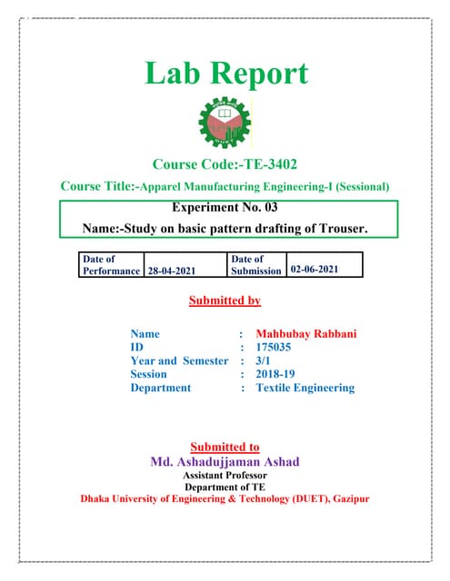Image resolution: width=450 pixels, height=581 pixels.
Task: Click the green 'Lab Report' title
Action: click(x=225, y=74)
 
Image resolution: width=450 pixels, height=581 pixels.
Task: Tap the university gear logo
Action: click(x=225, y=123)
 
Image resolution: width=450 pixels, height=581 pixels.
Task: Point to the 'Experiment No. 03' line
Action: click(x=225, y=208)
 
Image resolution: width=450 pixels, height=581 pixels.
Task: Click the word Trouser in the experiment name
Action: click(x=342, y=230)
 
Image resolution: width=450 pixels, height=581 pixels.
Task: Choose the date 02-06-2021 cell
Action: click(x=325, y=270)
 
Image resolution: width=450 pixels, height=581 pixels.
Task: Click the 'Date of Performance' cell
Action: click(x=111, y=264)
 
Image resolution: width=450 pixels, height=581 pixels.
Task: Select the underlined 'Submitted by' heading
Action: click(x=225, y=300)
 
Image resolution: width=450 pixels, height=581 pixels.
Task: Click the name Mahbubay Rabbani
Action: click(x=306, y=334)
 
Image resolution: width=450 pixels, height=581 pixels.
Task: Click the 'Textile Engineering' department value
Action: click(x=305, y=388)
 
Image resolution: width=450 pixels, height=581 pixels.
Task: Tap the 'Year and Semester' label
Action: click(x=179, y=360)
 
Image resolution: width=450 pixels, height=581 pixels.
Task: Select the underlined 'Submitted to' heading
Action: click(x=225, y=447)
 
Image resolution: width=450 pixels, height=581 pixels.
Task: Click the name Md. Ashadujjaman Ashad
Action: click(x=225, y=461)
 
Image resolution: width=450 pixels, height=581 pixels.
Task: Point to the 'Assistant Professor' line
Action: click(x=225, y=475)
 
